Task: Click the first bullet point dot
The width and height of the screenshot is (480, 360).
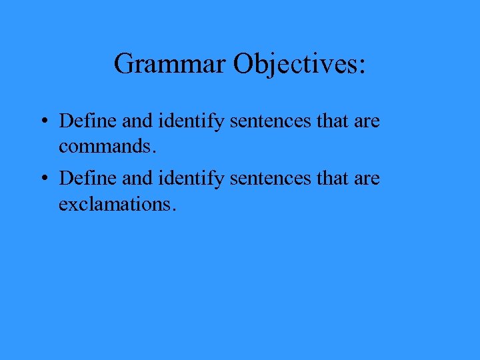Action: pyautogui.click(x=42, y=122)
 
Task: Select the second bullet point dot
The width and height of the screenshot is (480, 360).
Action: pyautogui.click(x=42, y=179)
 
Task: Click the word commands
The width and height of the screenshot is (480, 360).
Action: pyautogui.click(x=105, y=146)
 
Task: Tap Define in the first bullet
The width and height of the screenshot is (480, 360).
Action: pyautogui.click(x=83, y=121)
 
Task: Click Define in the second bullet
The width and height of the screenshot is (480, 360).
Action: pyautogui.click(x=83, y=179)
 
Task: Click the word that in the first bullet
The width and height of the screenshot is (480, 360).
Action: pyautogui.click(x=329, y=121)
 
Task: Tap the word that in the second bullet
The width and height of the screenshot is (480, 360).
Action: pyautogui.click(x=329, y=179)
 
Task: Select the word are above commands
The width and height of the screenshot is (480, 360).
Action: pyautogui.click(x=366, y=123)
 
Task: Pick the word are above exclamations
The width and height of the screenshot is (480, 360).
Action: pyautogui.click(x=366, y=180)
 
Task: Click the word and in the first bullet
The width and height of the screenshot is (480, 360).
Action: pyautogui.click(x=125, y=121)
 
